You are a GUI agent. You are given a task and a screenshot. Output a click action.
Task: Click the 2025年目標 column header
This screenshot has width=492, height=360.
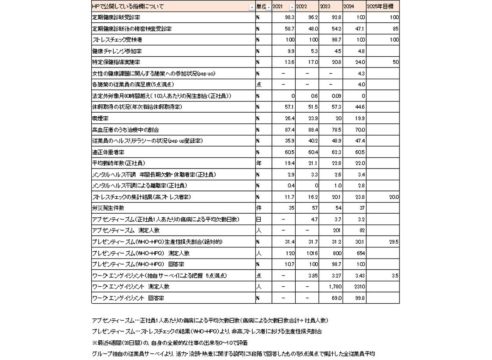382,7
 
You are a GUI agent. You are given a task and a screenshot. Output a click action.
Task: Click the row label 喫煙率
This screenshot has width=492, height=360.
100,119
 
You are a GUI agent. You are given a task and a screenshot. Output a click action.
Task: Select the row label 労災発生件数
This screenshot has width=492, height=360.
108,208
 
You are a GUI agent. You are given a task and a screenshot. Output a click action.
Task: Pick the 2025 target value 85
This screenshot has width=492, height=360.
395,29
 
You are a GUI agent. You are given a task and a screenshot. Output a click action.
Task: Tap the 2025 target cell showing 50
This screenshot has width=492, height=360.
395,62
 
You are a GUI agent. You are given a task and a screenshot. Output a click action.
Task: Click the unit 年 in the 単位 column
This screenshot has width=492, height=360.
259,163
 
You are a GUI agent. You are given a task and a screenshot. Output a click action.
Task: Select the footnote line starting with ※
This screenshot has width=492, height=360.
170,343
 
